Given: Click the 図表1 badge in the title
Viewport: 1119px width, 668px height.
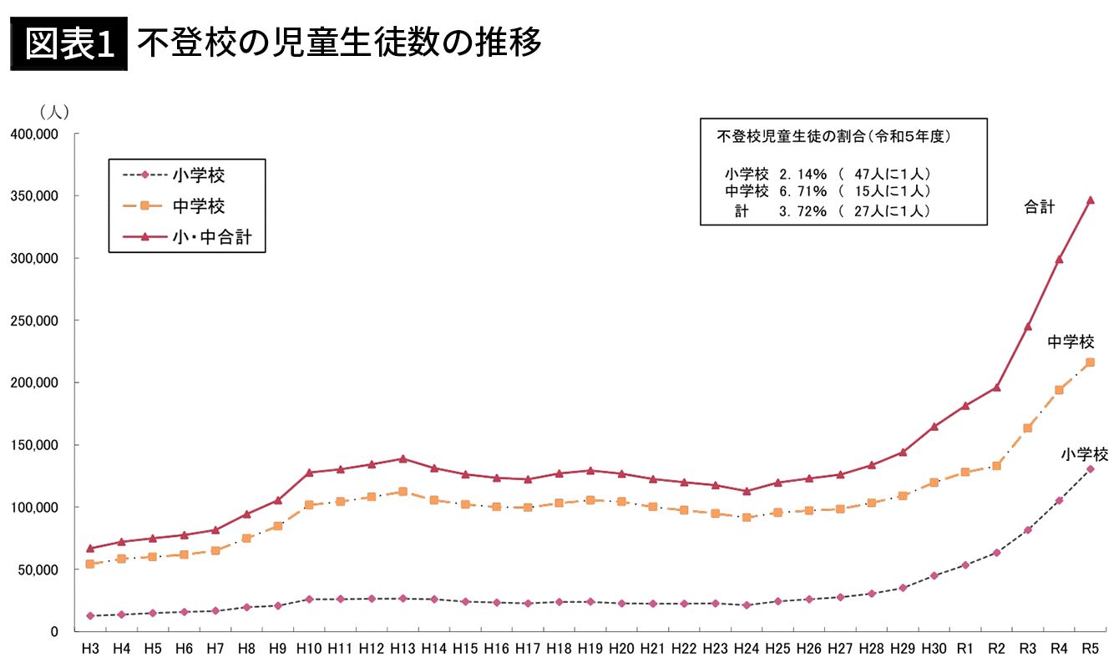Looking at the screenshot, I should point(68,43).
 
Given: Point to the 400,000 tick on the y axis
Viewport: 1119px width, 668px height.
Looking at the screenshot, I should point(34,134).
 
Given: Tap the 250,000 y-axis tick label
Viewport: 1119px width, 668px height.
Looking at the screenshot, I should point(34,321).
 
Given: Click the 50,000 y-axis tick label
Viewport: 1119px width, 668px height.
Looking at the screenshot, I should point(38,569).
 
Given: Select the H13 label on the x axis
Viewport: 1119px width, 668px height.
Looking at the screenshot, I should point(403,649).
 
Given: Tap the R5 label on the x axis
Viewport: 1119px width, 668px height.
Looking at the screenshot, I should point(1089,649).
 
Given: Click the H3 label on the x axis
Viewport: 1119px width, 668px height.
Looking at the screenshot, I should point(89,649).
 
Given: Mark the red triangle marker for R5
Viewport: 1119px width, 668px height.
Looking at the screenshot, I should point(1090,200).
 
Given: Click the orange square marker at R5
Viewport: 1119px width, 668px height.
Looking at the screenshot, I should point(1090,362).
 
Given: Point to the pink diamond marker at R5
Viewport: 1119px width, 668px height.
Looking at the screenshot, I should point(1090,469).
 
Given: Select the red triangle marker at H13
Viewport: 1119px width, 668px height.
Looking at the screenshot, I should point(403,458).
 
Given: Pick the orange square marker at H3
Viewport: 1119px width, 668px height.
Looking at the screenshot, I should point(90,564).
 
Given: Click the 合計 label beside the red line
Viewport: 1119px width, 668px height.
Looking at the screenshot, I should point(1039,208).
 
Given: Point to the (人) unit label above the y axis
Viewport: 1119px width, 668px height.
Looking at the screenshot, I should point(54,112).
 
